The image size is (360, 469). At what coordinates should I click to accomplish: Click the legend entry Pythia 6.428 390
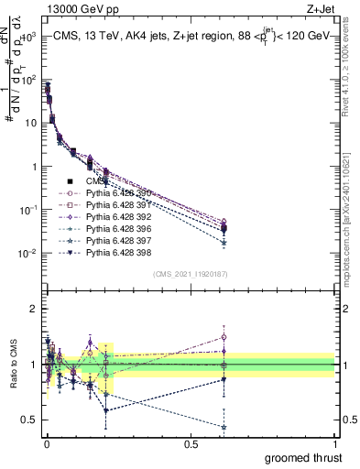pos(116,193)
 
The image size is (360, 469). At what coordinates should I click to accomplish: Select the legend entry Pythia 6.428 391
pos(116,205)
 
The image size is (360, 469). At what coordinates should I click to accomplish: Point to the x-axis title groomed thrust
pos(305,456)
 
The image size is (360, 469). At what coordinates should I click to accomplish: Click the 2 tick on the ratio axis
pos(30,309)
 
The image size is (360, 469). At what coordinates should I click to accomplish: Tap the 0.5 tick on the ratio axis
pos(27,420)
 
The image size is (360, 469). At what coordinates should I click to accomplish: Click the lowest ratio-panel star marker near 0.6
pos(224,427)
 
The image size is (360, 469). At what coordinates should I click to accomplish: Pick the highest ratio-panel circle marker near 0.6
pos(224,337)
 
